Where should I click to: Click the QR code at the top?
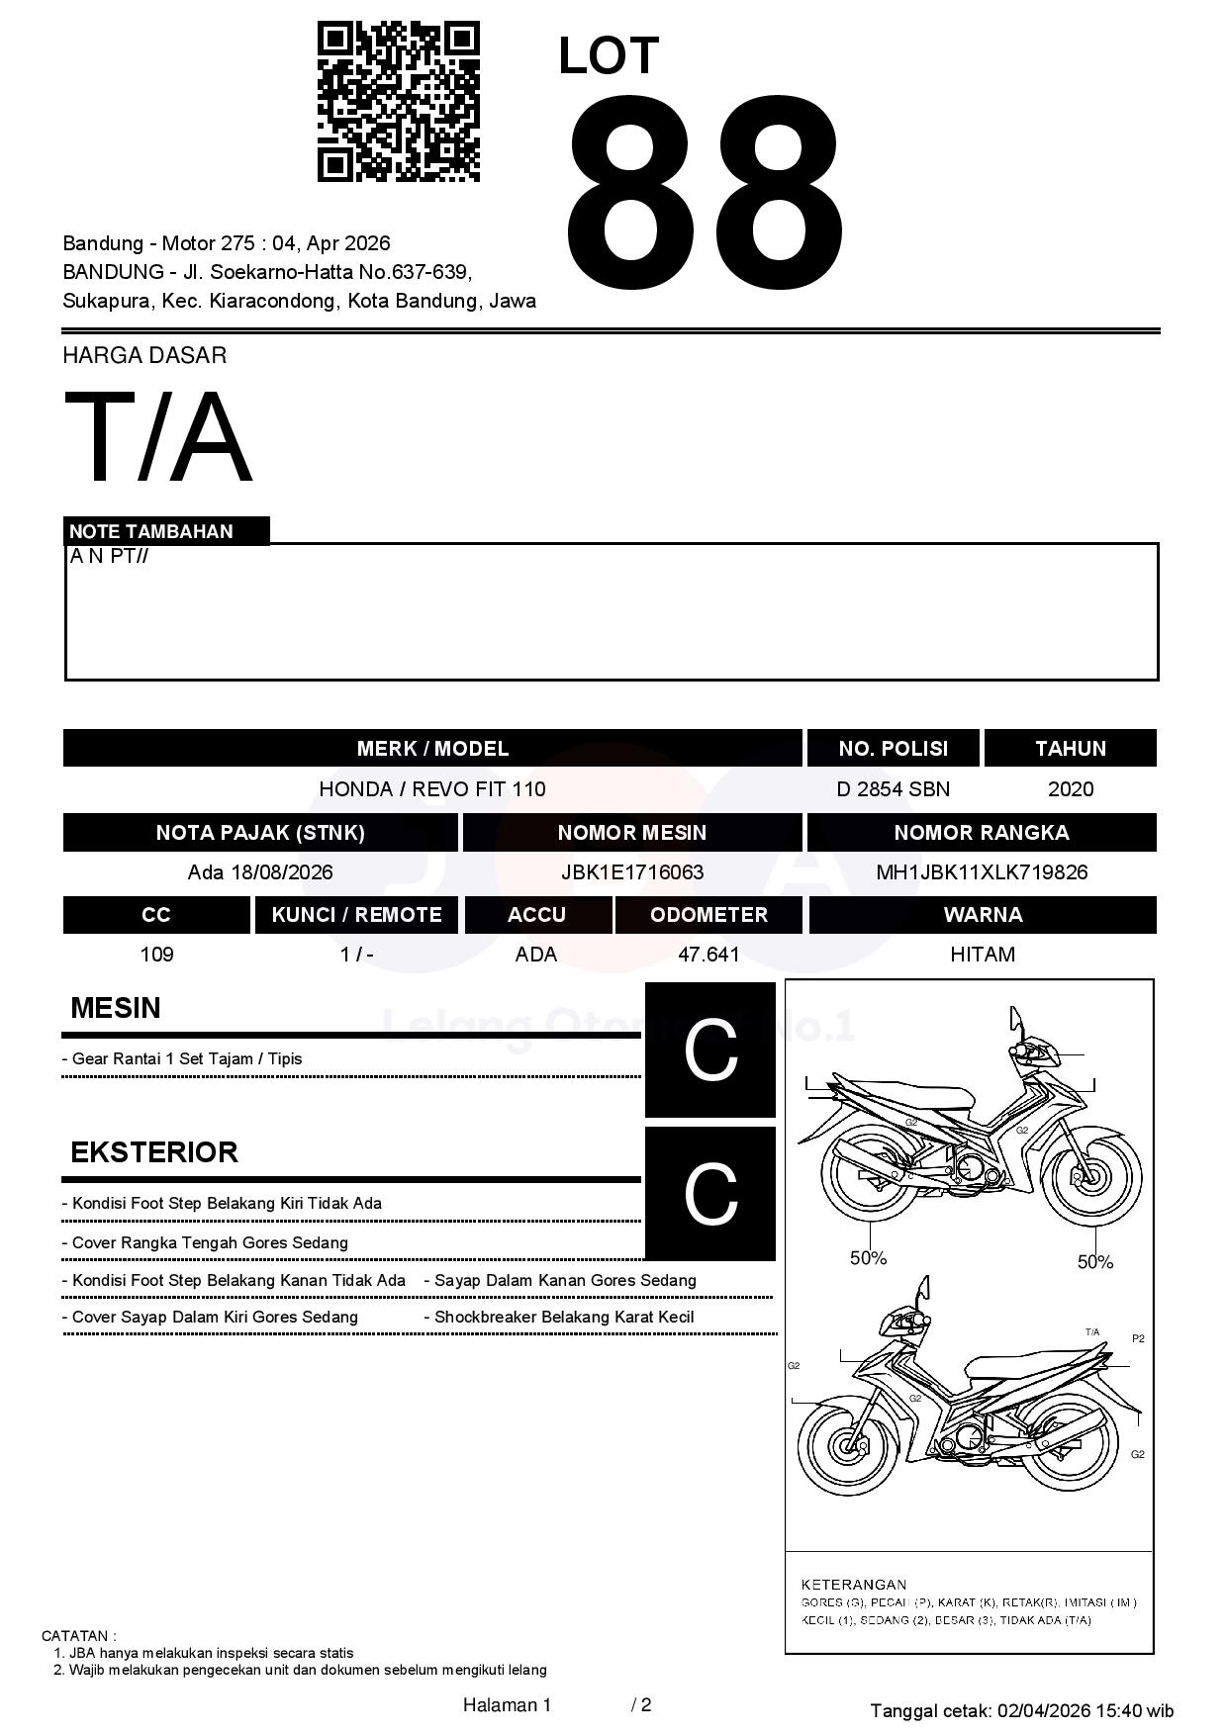[398, 102]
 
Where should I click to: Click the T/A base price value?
[158, 437]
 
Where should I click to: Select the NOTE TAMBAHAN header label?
[151, 531]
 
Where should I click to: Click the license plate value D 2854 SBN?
[893, 789]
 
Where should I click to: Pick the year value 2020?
[1070, 789]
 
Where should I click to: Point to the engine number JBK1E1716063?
[631, 872]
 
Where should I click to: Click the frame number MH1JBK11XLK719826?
[982, 872]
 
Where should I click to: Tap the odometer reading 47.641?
[708, 955]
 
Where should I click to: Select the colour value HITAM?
[982, 955]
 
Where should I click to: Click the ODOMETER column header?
[708, 915]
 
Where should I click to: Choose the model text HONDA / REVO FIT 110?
[431, 789]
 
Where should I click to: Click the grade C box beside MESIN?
[710, 1050]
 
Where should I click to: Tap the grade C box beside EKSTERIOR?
[710, 1194]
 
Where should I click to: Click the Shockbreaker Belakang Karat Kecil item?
[564, 1318]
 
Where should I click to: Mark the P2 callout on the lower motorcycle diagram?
[1138, 1338]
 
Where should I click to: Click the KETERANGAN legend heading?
[853, 1584]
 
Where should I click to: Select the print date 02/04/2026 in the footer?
[1043, 1710]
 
